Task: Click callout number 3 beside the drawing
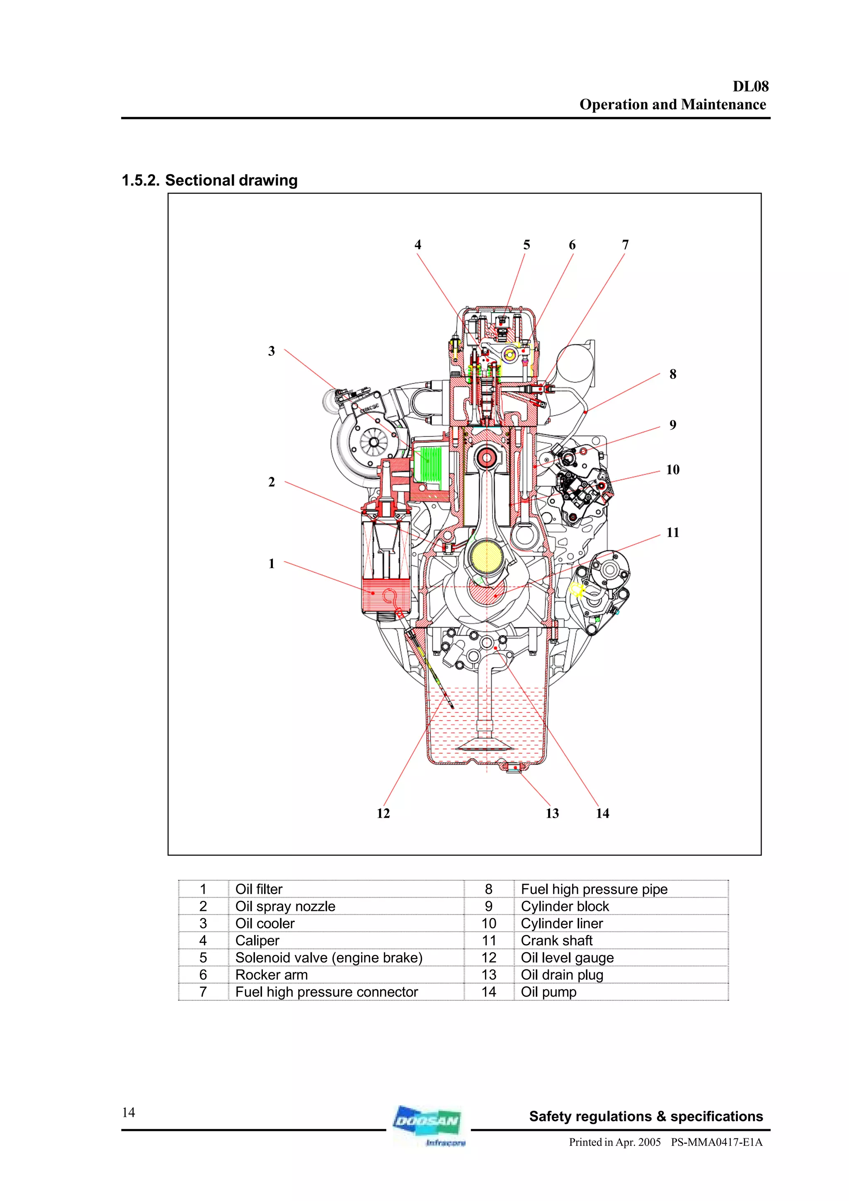coord(271,351)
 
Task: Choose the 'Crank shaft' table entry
coord(557,940)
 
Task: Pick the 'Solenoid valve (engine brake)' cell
coord(328,958)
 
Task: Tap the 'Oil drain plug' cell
coord(562,975)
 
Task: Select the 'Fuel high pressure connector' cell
coord(326,992)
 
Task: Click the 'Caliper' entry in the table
coord(257,940)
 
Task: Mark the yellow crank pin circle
coord(486,557)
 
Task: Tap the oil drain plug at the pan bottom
coord(515,768)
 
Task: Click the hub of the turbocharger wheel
coord(374,443)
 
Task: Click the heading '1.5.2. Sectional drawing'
coord(209,180)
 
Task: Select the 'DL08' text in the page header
coord(750,86)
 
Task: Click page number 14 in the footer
coord(128,1112)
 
